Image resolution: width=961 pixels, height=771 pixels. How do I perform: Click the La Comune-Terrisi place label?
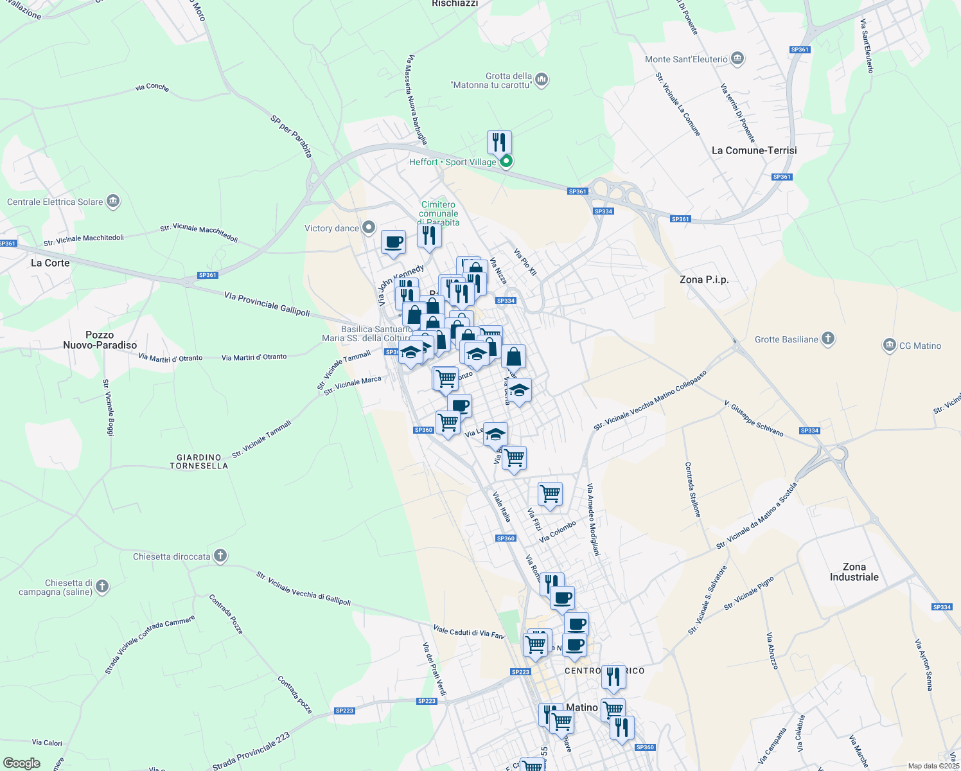click(x=754, y=150)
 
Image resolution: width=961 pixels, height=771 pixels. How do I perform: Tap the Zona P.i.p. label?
click(x=704, y=279)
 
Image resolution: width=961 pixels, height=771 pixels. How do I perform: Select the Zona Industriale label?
click(x=854, y=572)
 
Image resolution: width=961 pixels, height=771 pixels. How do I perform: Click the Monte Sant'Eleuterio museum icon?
click(x=737, y=59)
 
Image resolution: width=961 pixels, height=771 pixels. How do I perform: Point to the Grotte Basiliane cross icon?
click(x=828, y=339)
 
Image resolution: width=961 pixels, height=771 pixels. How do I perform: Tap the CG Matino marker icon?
click(x=889, y=346)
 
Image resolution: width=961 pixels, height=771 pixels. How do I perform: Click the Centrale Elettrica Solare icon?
click(x=113, y=202)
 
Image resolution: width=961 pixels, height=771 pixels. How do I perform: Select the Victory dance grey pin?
click(x=369, y=227)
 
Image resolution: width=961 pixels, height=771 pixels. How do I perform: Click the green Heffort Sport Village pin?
click(x=506, y=161)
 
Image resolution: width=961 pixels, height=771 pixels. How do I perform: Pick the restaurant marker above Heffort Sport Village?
click(x=499, y=143)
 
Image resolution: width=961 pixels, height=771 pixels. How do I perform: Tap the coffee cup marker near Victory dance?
click(x=393, y=243)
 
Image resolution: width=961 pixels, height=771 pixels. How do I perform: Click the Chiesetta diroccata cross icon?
click(x=220, y=556)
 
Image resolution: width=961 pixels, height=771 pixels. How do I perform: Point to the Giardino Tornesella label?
click(x=199, y=461)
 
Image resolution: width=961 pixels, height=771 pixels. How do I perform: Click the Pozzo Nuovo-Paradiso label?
click(x=100, y=340)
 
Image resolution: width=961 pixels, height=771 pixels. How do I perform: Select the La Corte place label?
click(x=50, y=263)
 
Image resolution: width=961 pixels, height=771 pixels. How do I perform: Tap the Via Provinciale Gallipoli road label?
click(x=267, y=304)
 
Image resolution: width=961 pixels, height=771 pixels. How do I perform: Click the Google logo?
click(x=21, y=763)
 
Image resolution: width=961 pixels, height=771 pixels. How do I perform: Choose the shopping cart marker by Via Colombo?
click(x=550, y=495)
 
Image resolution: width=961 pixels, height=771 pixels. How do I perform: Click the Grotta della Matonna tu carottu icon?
click(x=542, y=80)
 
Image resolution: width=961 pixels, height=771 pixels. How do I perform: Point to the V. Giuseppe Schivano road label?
click(x=754, y=419)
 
